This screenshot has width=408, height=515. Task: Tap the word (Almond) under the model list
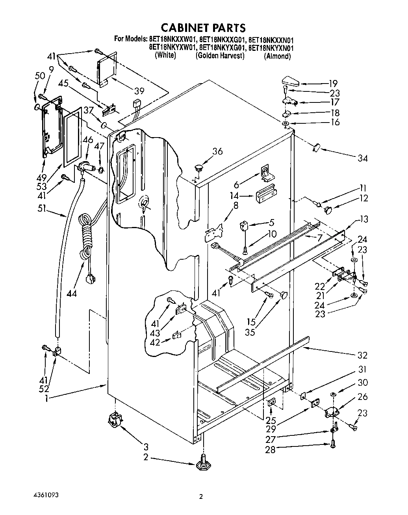point(277,56)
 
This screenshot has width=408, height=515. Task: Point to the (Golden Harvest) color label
point(220,56)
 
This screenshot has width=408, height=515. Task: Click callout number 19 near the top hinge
point(333,83)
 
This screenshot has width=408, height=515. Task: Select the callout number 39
point(139,91)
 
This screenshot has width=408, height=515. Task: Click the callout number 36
point(217,151)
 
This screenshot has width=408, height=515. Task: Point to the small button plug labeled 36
point(198,168)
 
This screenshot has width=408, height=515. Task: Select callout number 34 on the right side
point(362,158)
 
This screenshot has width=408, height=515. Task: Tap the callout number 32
point(362,355)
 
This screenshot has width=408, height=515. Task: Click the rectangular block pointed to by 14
point(266,195)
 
